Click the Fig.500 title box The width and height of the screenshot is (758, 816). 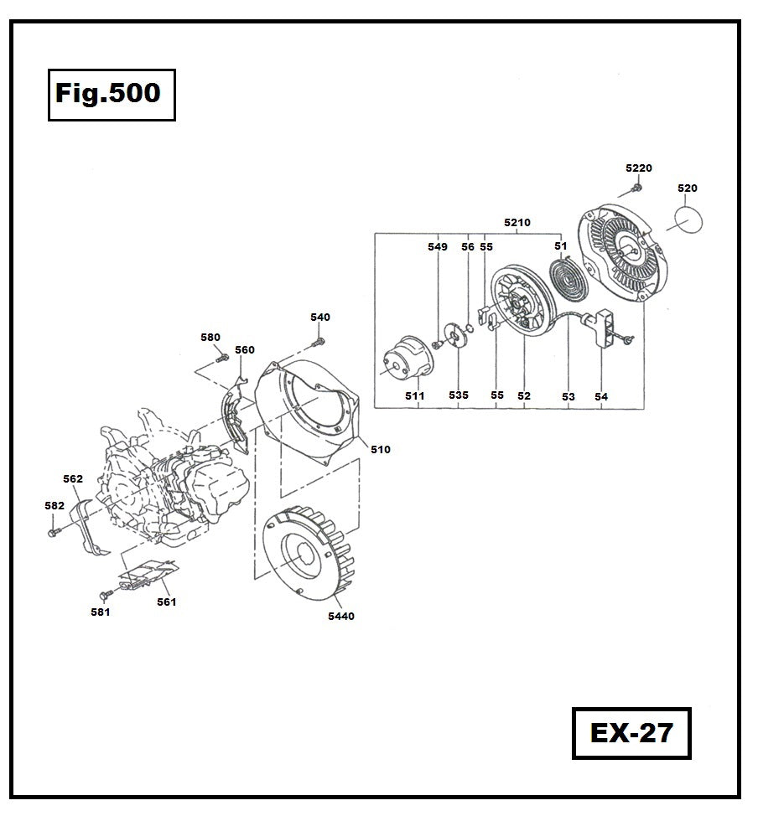click(111, 94)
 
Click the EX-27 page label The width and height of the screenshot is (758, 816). click(631, 733)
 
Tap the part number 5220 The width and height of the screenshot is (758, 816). click(638, 168)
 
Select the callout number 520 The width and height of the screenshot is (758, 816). click(687, 189)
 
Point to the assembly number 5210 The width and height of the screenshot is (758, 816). click(517, 224)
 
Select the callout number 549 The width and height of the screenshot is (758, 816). click(437, 247)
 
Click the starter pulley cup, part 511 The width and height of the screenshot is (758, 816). click(407, 358)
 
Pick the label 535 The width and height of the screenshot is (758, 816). click(459, 395)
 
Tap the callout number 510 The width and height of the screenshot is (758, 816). click(380, 449)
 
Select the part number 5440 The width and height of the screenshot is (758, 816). click(341, 616)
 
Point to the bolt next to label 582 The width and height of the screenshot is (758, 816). click(55, 531)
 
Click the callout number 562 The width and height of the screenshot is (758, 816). click(73, 479)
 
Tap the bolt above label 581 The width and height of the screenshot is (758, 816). click(106, 594)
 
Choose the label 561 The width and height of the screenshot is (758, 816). click(166, 602)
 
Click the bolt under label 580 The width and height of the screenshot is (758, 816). click(221, 359)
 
